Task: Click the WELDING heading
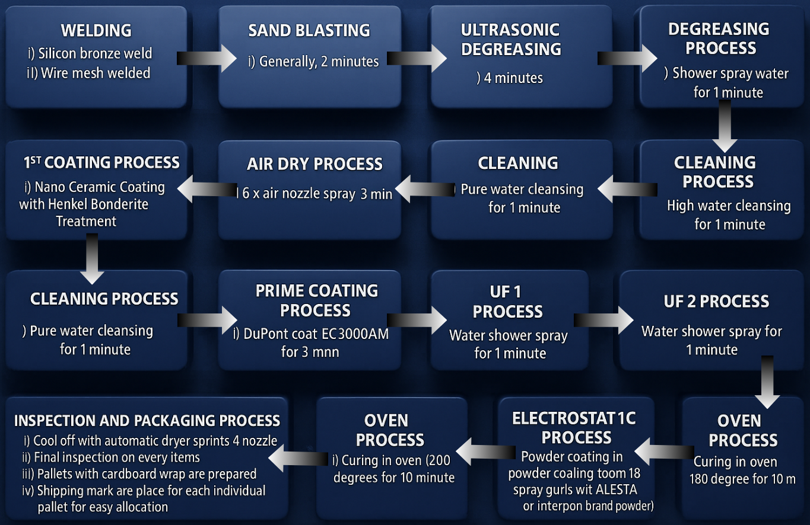(96, 30)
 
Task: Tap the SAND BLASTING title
(309, 31)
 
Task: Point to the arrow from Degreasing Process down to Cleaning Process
(725, 125)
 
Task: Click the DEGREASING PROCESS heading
(719, 39)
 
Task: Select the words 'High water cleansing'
(729, 206)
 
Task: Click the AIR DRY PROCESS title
(315, 164)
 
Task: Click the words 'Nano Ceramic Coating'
(99, 187)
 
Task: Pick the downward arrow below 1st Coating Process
(91, 257)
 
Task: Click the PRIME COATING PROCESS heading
(316, 300)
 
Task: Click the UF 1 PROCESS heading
(507, 302)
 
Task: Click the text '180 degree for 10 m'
(742, 479)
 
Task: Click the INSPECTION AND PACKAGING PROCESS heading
(147, 421)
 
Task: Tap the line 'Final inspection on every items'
(116, 457)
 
